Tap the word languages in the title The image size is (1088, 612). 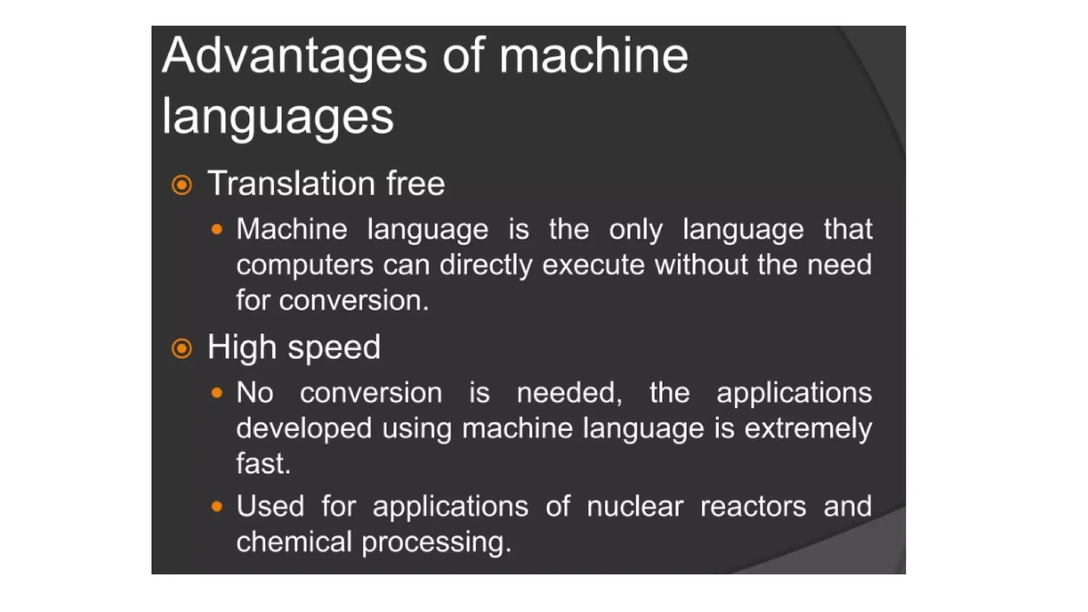coord(277,117)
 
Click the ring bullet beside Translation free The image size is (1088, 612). coord(182,185)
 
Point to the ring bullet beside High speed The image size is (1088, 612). coord(182,348)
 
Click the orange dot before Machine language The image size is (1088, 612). coord(217,229)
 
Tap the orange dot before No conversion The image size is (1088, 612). coord(217,393)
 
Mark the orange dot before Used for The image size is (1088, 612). coord(217,506)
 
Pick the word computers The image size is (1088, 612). coord(305,265)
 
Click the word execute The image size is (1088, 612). coord(593,265)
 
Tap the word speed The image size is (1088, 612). coord(334,348)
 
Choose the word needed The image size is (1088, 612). coord(569,394)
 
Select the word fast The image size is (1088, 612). coord(263,463)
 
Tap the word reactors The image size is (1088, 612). coord(753,506)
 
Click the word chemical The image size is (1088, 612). coord(294,542)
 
